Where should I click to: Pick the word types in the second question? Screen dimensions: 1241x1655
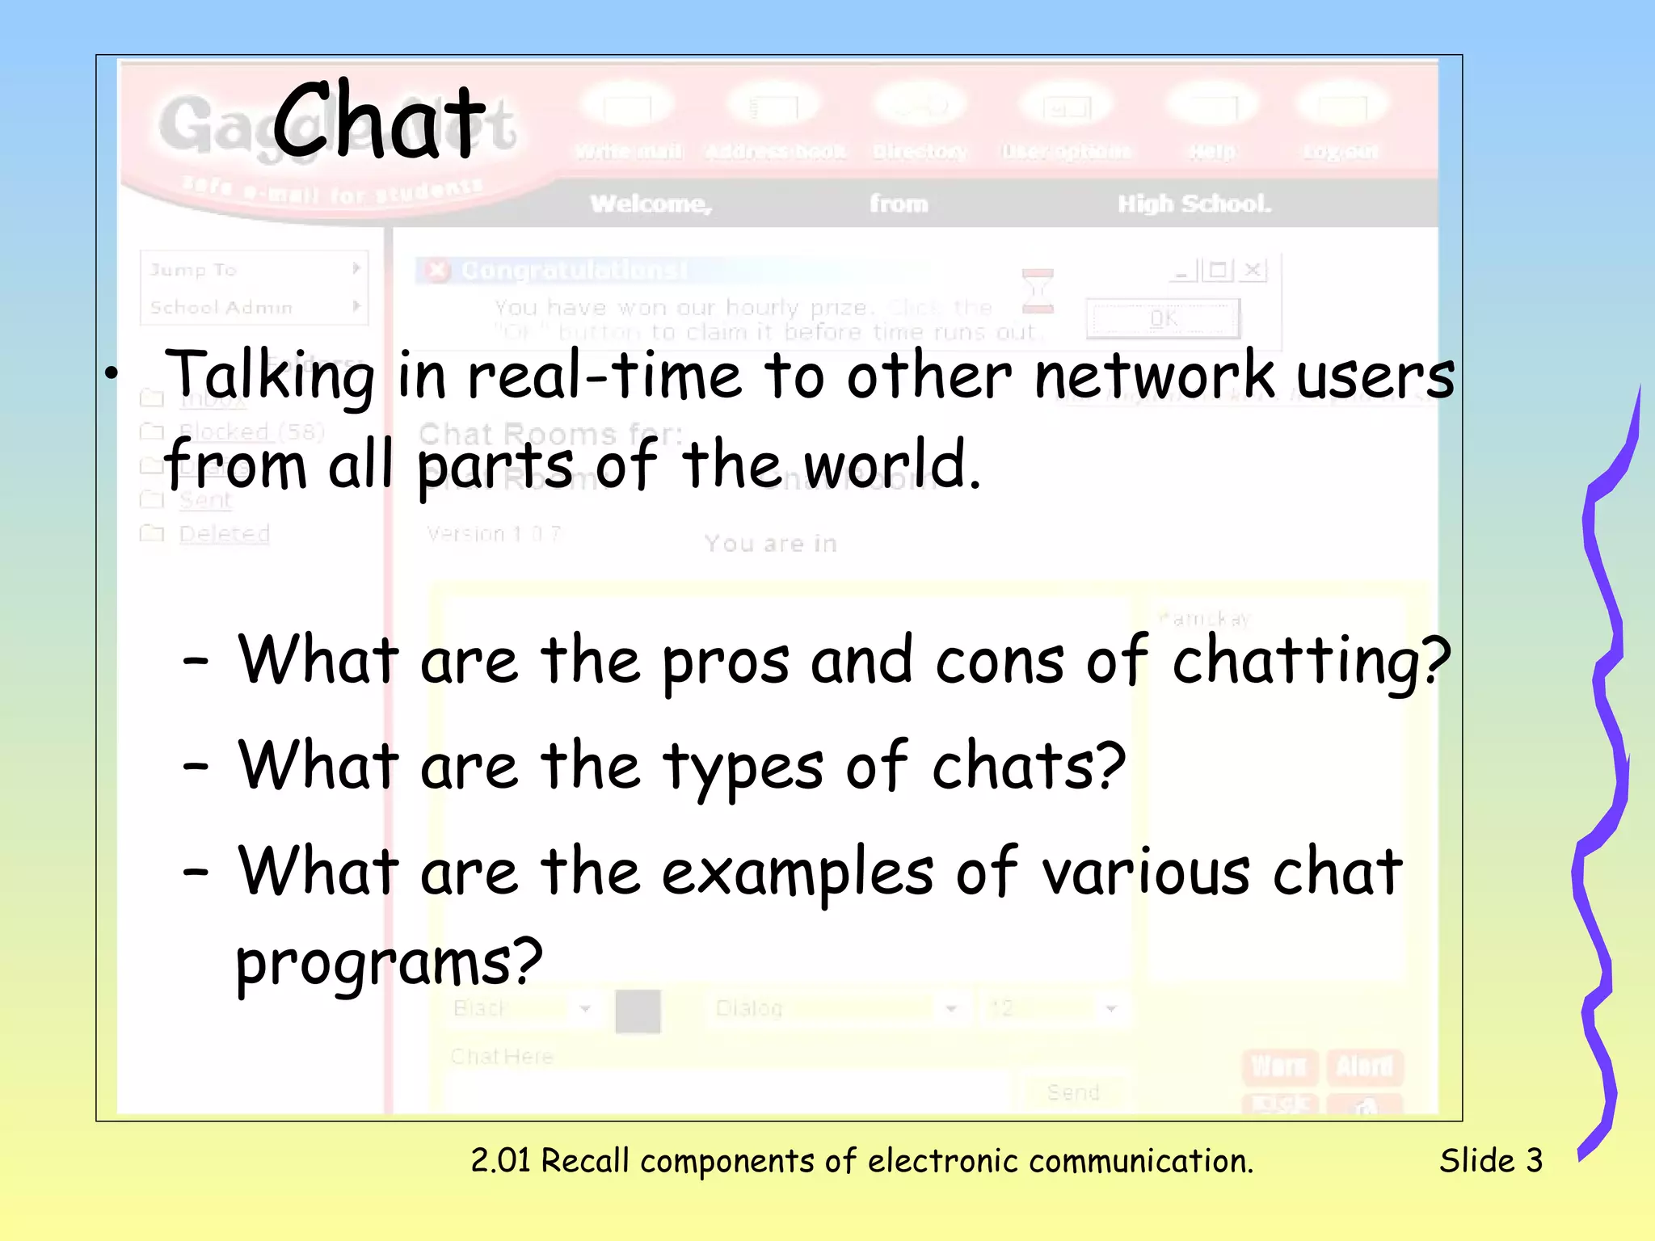pos(743,768)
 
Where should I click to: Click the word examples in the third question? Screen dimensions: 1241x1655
pos(797,873)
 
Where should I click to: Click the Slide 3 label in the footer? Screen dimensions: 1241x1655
pos(1491,1161)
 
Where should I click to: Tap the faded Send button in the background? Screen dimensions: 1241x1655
pos(1073,1092)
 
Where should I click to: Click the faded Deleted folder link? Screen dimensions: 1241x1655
pos(224,533)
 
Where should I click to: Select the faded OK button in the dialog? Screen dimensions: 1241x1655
pos(1163,318)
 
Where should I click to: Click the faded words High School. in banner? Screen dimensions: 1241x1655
pos(1194,204)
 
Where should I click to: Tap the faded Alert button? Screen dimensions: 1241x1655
pos(1364,1066)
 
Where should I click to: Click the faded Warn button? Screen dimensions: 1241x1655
pos(1278,1066)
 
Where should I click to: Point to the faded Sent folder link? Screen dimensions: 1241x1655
pos(205,500)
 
